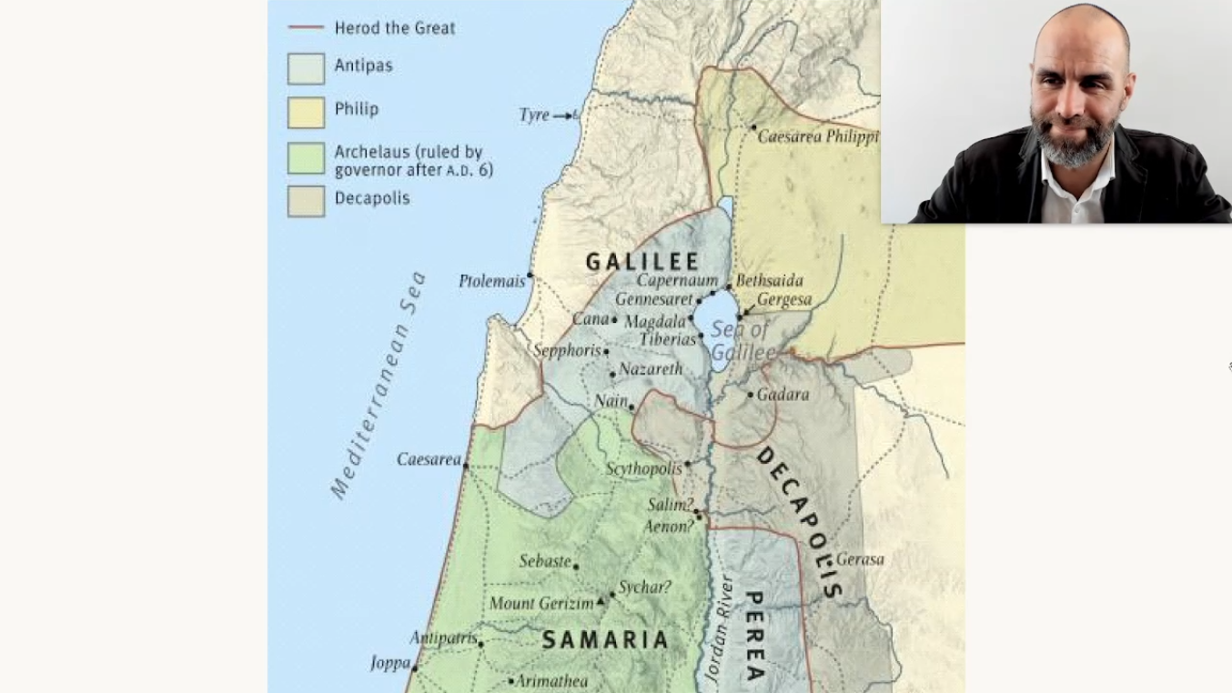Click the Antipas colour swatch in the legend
306,68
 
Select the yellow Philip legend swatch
306,112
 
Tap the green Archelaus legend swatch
306,158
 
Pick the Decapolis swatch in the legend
306,201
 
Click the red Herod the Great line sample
306,28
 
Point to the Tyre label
534,115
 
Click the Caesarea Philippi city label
818,137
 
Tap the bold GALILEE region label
642,262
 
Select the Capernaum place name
677,281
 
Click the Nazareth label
651,369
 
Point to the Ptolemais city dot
530,275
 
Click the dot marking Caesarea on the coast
466,466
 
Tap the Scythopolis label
643,469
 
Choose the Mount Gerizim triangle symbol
601,603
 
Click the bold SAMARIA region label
605,640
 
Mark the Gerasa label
860,559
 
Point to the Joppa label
390,663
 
